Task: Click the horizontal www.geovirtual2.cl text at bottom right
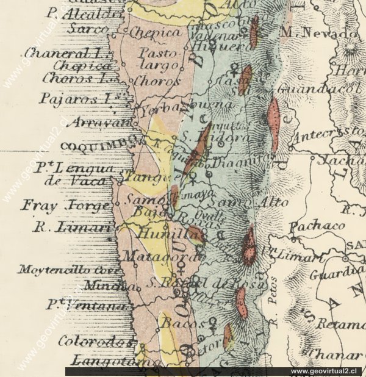326,371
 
